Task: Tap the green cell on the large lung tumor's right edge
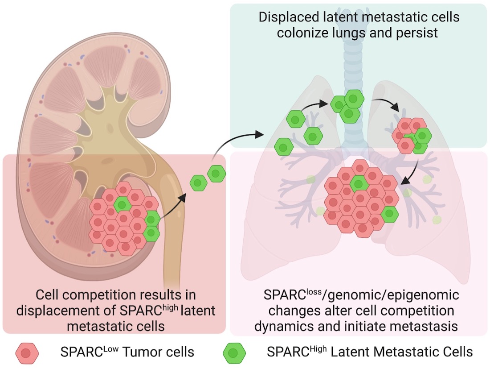point(390,214)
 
